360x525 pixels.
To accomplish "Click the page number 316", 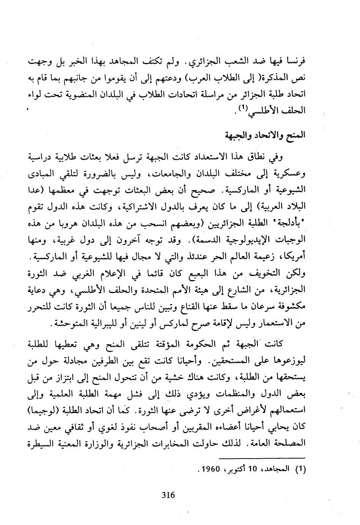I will [x=168, y=495].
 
